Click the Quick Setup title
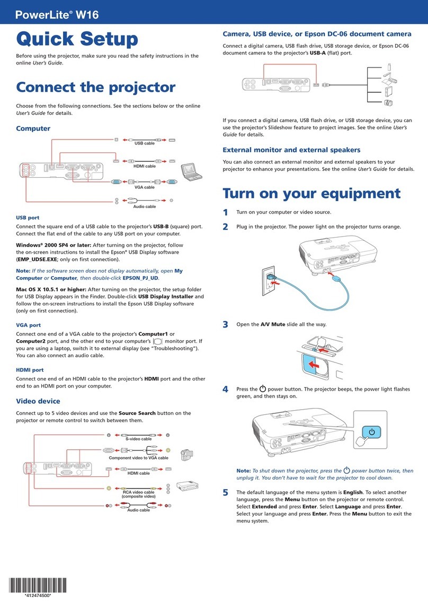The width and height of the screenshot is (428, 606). click(77, 40)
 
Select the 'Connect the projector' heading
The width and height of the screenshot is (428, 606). click(95, 88)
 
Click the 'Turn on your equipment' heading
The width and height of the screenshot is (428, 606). click(311, 193)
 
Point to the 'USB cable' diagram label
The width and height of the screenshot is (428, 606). click(145, 143)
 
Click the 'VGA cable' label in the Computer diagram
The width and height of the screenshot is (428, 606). click(145, 187)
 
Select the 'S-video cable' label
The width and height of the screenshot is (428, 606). click(138, 439)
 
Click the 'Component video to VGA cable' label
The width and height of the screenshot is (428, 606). click(138, 458)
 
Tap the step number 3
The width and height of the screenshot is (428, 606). click(225, 324)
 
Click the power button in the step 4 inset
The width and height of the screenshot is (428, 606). click(372, 432)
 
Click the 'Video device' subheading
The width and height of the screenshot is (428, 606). click(38, 401)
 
